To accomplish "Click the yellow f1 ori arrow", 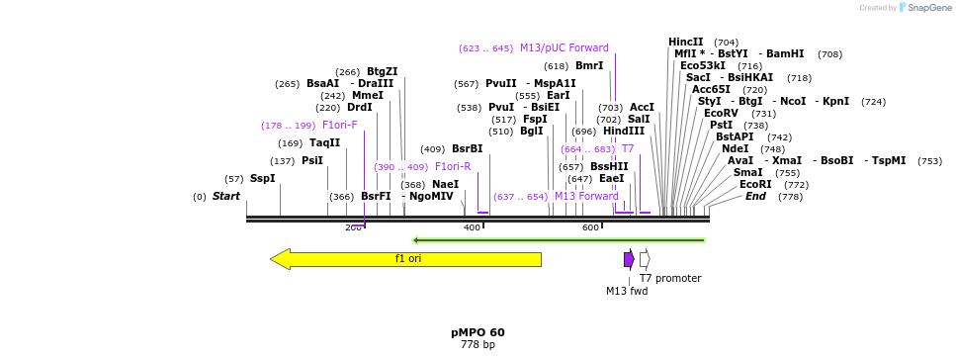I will [406, 259].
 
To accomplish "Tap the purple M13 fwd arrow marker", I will [629, 259].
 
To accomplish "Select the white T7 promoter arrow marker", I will [645, 259].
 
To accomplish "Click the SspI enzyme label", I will [262, 179].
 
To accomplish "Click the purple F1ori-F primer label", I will [339, 126].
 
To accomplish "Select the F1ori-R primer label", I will [453, 167].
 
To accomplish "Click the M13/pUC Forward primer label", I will [565, 48].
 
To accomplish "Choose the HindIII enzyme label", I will [624, 132].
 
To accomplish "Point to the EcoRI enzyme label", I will [755, 185].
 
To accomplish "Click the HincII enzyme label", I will [686, 43].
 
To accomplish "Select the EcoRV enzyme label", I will [721, 114].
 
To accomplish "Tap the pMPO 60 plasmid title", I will [478, 332].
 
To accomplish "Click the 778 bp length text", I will [478, 345].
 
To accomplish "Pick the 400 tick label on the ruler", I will [472, 228].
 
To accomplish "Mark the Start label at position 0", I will [226, 197].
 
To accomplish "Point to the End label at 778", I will [755, 197].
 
